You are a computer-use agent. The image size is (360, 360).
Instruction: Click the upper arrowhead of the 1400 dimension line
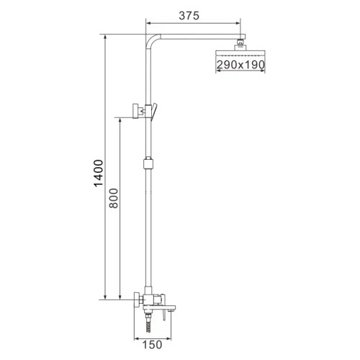(x=105, y=37)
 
